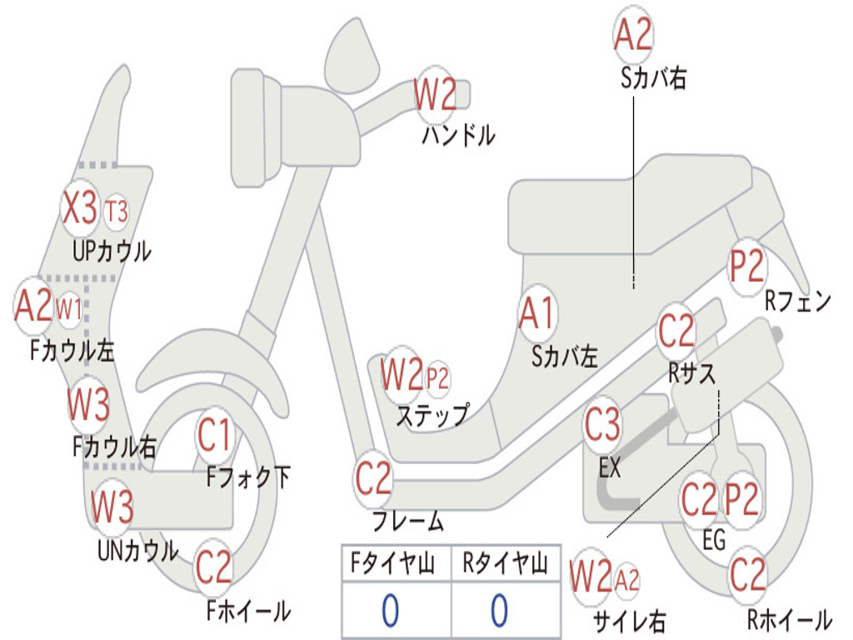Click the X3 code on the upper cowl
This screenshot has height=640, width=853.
pyautogui.click(x=80, y=207)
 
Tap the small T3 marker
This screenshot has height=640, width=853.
pyautogui.click(x=117, y=211)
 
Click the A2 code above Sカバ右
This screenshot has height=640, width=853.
pyautogui.click(x=633, y=33)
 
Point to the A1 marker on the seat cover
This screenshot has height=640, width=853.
pyautogui.click(x=537, y=313)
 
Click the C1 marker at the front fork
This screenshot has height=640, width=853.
pyautogui.click(x=214, y=435)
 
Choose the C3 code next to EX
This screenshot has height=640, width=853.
pyautogui.click(x=603, y=424)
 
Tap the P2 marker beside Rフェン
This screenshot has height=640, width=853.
pyautogui.click(x=746, y=267)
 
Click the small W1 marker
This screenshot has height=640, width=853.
pyautogui.click(x=69, y=309)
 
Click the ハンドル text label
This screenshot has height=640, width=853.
pyautogui.click(x=459, y=135)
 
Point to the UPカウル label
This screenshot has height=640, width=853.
pyautogui.click(x=112, y=252)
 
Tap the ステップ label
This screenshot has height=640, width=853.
pyautogui.click(x=433, y=416)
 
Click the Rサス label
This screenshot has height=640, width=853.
pyautogui.click(x=692, y=373)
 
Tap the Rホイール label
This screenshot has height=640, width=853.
pyautogui.click(x=789, y=619)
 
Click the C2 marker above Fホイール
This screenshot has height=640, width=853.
pyautogui.click(x=214, y=567)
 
